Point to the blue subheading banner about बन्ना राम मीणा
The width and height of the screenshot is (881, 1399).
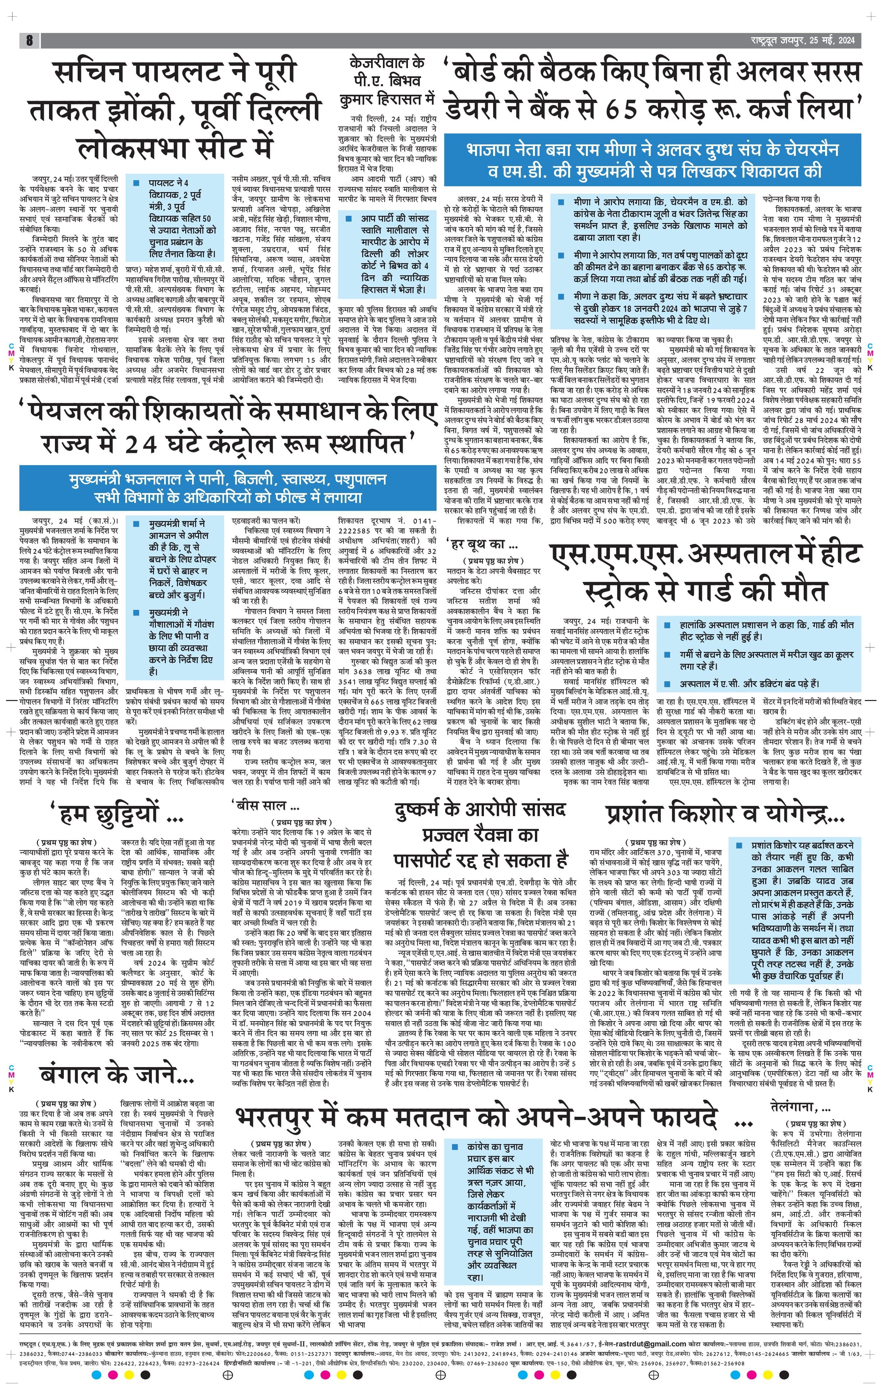tap(652, 160)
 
